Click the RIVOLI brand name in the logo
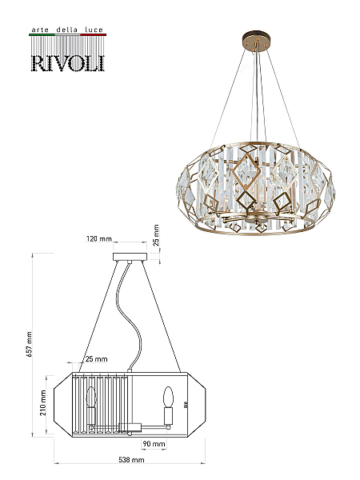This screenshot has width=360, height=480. coord(68,63)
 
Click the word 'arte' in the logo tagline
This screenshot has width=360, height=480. coord(41,30)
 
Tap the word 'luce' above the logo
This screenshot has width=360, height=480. coord(94,30)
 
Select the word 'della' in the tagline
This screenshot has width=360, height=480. coord(66,30)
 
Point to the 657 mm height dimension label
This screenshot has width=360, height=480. coord(30,344)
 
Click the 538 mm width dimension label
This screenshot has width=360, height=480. coord(131,459)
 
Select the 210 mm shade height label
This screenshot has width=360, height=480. coord(43,402)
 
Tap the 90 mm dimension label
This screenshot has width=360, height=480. coord(154,444)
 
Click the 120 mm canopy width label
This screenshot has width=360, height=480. coord(98,238)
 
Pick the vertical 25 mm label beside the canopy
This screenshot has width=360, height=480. coord(156,235)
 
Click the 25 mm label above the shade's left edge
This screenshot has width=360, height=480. coord(96,358)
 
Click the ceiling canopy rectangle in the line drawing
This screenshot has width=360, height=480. coord(130,257)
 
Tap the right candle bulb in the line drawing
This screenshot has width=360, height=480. coord(168,397)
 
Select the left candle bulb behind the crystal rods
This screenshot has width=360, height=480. coord(91,397)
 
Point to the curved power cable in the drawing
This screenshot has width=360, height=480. coord(129,315)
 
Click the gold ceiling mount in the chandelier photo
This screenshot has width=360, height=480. coord(257,41)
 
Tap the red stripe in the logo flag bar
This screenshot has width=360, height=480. coord(94,35)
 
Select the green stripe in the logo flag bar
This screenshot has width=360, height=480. coord(42,35)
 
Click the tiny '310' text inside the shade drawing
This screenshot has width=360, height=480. coord(185,405)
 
